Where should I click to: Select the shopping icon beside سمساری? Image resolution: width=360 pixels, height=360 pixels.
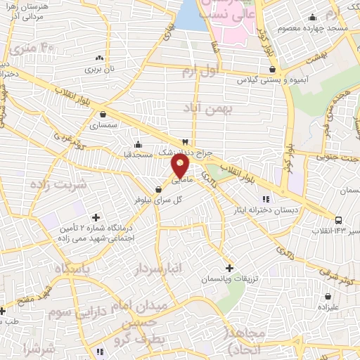[103, 115]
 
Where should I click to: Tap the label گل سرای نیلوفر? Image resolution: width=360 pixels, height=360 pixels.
[159, 200]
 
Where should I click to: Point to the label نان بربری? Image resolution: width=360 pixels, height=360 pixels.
[99, 69]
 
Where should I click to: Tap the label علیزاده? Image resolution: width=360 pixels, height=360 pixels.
[328, 307]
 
